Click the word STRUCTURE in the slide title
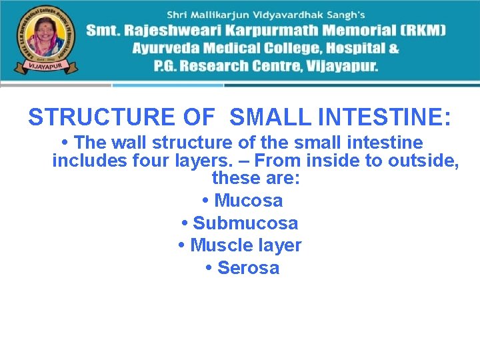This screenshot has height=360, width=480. [x=101, y=117]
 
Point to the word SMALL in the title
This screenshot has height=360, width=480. [x=271, y=117]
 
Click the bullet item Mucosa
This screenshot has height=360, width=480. [x=248, y=201]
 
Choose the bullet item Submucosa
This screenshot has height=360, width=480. [x=245, y=223]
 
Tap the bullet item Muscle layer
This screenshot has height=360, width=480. [x=245, y=245]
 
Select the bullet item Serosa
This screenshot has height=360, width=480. [x=248, y=268]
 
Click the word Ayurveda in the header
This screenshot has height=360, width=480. [x=167, y=49]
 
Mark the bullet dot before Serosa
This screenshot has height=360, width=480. [x=209, y=268]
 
